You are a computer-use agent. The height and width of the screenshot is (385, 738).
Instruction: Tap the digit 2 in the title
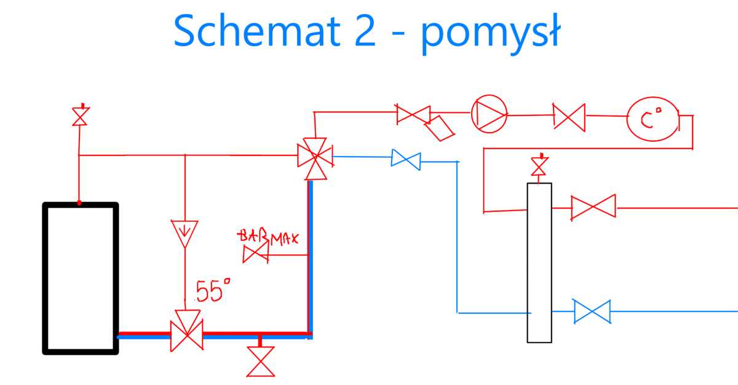(362, 31)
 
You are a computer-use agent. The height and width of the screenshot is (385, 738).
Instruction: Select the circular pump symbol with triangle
(489, 114)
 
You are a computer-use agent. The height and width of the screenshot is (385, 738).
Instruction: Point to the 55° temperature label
(212, 290)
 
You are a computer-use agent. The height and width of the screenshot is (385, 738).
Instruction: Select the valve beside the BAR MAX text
(256, 254)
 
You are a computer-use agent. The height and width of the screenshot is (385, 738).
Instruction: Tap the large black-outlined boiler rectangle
(80, 278)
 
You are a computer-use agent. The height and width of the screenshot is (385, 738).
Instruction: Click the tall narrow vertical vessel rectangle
(539, 262)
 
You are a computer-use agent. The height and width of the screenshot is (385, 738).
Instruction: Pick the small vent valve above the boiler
(79, 116)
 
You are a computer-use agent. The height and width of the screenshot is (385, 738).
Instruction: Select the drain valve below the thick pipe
(260, 362)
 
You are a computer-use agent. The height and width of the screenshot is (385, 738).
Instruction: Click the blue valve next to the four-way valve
(406, 160)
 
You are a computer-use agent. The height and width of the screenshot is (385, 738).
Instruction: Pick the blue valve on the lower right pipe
(592, 311)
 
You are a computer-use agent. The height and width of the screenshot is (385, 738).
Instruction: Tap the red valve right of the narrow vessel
(593, 208)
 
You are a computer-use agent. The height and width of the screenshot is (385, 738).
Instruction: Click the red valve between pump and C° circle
(569, 116)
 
